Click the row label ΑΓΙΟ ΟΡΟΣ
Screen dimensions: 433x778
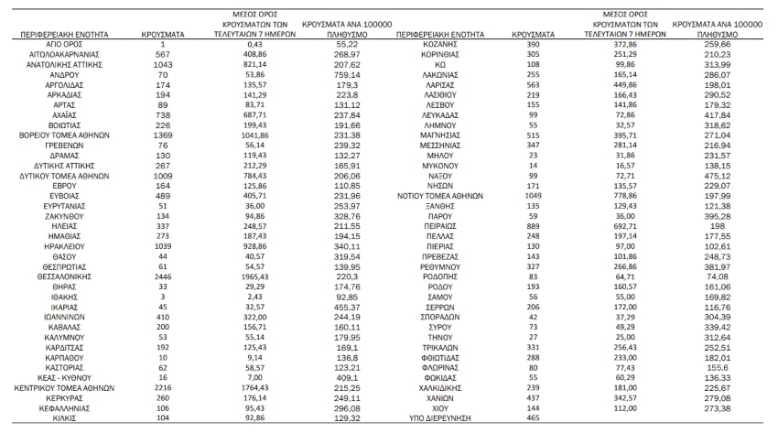point(66,44)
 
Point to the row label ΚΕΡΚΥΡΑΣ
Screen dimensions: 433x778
point(66,396)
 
